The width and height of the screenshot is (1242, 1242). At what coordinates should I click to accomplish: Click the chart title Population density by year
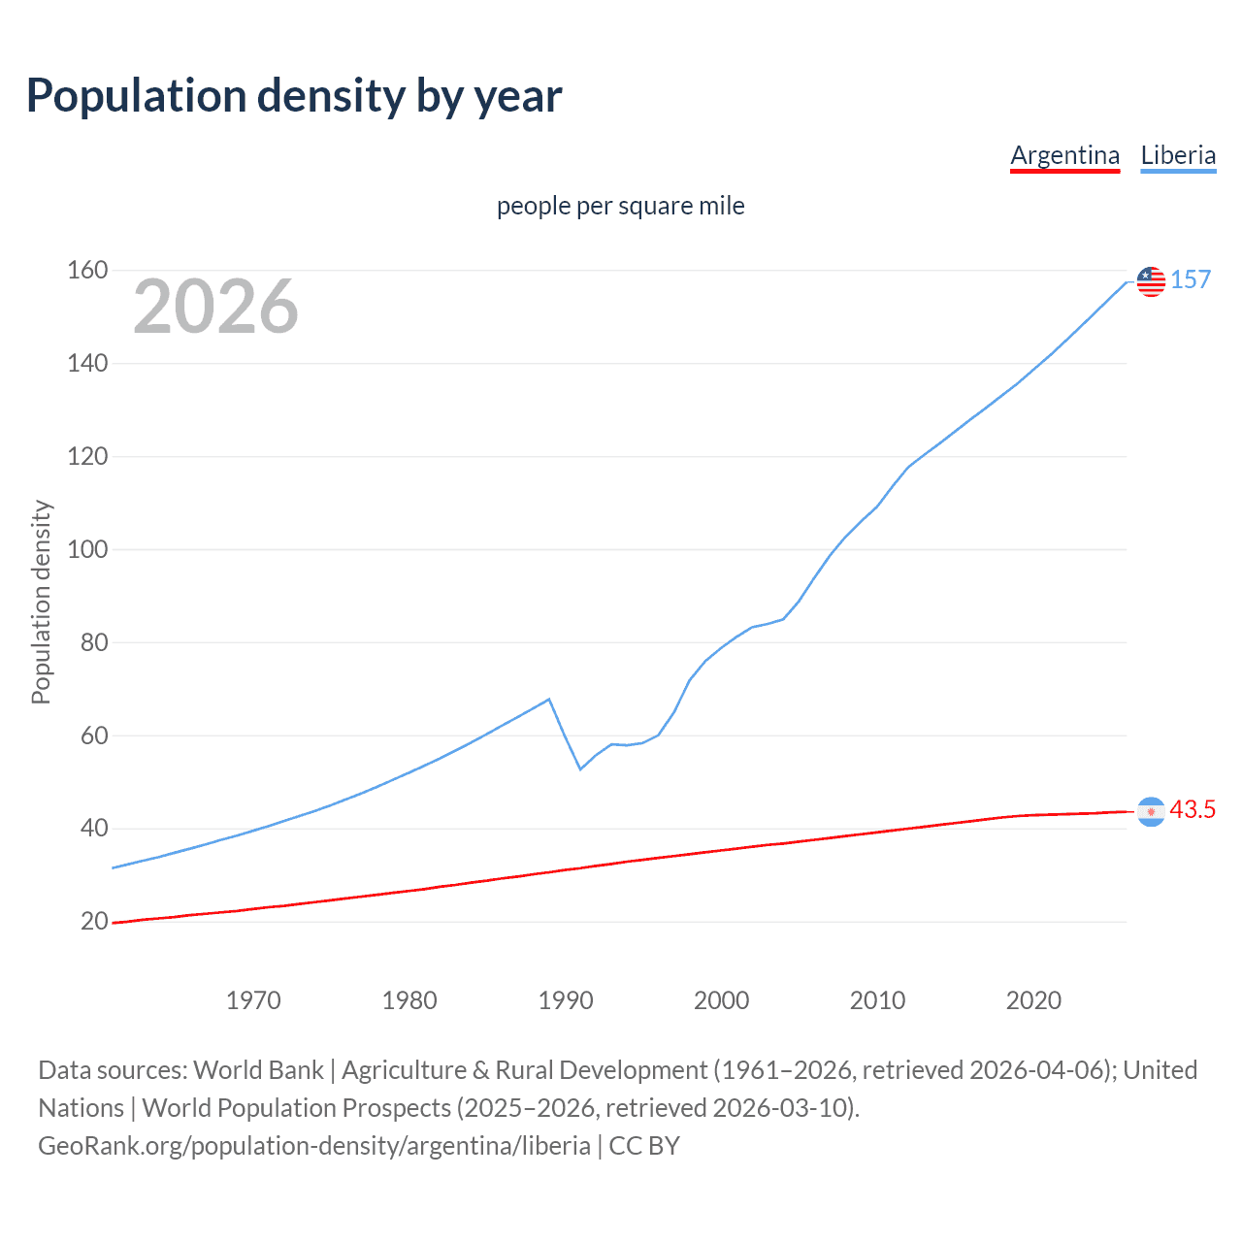(x=294, y=96)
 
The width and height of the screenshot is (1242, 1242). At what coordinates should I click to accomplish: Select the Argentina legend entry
(x=1064, y=155)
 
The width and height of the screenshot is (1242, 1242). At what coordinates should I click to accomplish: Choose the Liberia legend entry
(x=1178, y=155)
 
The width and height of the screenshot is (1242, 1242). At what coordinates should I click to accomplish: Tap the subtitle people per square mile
(x=620, y=206)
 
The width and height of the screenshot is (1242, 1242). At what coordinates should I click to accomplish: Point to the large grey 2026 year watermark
(x=215, y=307)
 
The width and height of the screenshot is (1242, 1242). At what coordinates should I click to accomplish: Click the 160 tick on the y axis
(x=87, y=270)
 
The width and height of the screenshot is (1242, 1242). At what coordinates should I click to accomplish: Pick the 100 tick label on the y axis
(x=87, y=549)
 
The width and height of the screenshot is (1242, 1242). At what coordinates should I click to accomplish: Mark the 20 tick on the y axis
(x=94, y=921)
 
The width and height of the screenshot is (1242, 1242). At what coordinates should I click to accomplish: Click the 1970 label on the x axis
(x=253, y=1000)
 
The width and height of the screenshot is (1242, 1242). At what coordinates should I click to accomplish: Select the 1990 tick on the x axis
(x=566, y=1000)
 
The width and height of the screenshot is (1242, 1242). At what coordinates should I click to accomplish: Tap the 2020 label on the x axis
(x=1033, y=1000)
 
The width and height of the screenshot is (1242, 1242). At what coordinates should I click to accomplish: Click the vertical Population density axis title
(x=41, y=602)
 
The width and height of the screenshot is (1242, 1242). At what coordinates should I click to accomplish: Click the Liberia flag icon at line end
(x=1151, y=281)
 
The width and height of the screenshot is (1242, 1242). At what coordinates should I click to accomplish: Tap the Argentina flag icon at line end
(x=1151, y=811)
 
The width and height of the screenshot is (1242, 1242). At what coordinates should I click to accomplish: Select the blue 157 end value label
(x=1191, y=279)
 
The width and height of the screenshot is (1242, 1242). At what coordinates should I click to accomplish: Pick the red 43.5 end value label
(x=1193, y=809)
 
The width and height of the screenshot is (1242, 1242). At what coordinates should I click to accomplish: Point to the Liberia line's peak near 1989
(x=549, y=699)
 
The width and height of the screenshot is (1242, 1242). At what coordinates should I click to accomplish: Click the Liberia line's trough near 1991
(x=580, y=769)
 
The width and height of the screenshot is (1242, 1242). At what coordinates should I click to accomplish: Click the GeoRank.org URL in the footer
(x=314, y=1145)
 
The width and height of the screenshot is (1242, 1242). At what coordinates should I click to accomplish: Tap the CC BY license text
(x=644, y=1145)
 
